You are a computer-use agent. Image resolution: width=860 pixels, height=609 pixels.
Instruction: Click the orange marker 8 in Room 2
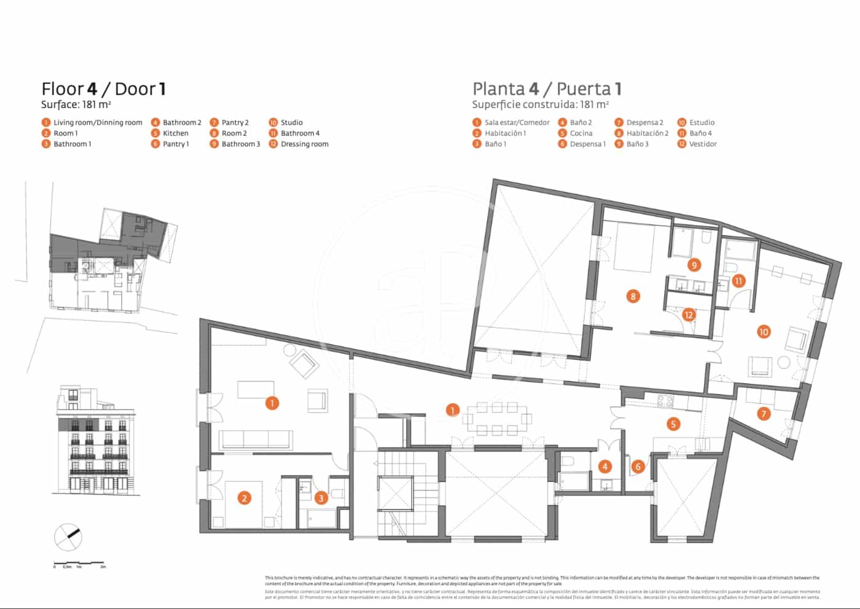633,296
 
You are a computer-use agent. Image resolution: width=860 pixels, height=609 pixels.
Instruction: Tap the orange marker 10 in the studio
763,332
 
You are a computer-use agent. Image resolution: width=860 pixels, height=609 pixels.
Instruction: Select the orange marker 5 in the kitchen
673,424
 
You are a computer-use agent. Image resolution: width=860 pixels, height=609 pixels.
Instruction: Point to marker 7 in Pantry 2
764,414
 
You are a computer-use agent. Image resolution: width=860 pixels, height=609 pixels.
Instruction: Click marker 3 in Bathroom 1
321,498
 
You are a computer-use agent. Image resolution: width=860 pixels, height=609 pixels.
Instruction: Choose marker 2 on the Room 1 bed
244,498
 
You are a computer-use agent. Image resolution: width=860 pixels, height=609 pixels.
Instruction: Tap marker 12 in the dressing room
688,315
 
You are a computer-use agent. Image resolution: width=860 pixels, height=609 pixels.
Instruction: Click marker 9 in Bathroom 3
694,265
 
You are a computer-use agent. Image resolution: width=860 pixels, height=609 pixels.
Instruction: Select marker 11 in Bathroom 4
738,281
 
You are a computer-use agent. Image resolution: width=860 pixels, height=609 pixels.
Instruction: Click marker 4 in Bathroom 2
604,466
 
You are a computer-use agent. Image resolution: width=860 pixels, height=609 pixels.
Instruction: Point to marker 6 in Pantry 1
638,467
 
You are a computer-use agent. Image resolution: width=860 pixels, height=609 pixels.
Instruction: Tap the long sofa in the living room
256,439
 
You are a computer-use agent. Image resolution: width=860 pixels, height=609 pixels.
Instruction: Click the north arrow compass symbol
68,536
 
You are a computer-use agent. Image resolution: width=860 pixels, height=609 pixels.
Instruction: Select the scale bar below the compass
79,564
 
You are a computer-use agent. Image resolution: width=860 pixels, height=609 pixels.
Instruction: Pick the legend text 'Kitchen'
176,133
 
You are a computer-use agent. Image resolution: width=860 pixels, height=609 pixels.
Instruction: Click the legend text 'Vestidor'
703,144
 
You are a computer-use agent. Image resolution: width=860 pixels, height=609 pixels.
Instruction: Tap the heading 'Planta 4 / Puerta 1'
547,89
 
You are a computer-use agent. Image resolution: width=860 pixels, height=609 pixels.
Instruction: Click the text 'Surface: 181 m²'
76,104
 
